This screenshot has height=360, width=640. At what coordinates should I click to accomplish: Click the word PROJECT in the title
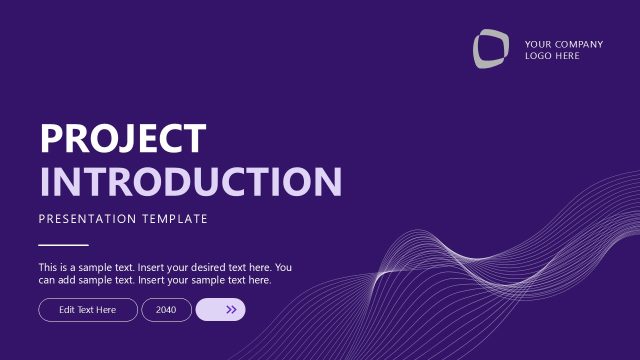(123, 138)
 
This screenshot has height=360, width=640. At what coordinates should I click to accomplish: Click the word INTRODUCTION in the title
(190, 182)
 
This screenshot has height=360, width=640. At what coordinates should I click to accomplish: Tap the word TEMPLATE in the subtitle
(175, 218)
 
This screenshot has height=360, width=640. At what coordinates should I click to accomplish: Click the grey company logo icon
(490, 49)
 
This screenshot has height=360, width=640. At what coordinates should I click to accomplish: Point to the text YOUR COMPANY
(563, 44)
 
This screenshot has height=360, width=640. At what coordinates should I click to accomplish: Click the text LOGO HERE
(552, 56)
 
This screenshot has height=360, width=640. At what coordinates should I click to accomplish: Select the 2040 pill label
(166, 310)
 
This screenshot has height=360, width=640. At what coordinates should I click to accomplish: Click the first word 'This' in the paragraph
(48, 268)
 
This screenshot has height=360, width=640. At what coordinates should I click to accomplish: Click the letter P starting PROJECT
(51, 138)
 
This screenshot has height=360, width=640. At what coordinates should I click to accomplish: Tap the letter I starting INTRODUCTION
(45, 182)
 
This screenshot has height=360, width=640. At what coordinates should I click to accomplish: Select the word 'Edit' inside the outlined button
(67, 310)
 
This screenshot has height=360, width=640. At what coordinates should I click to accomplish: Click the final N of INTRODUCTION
(327, 182)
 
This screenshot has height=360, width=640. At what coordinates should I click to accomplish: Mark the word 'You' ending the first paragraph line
(283, 268)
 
